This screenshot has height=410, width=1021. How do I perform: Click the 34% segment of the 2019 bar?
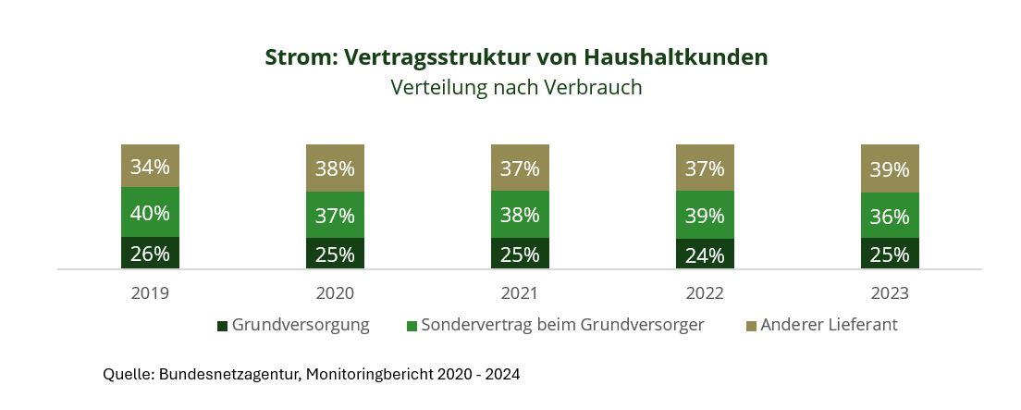tap(150, 167)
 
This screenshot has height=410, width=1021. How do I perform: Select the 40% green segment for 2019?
tap(150, 213)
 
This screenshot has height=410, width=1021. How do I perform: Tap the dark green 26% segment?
tap(150, 254)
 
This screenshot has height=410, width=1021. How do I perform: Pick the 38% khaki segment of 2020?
tap(335, 168)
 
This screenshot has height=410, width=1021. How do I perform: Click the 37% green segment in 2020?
tap(335, 216)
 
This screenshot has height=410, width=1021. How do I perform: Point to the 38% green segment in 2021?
tap(520, 215)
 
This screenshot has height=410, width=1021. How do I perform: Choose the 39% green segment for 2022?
tap(705, 215)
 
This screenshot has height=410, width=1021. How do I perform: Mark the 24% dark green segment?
tap(705, 255)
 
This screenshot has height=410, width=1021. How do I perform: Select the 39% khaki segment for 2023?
tap(890, 169)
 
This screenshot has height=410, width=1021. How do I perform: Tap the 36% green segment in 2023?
tap(890, 217)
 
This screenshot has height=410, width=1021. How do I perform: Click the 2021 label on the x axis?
tap(520, 293)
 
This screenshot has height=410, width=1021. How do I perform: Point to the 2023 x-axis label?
tap(890, 293)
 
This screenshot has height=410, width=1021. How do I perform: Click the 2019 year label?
tap(150, 293)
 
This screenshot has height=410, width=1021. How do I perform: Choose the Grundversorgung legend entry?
tap(293, 326)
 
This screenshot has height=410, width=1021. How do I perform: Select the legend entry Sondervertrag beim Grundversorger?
tap(555, 326)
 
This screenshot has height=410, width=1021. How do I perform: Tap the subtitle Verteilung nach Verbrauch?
tap(516, 88)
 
